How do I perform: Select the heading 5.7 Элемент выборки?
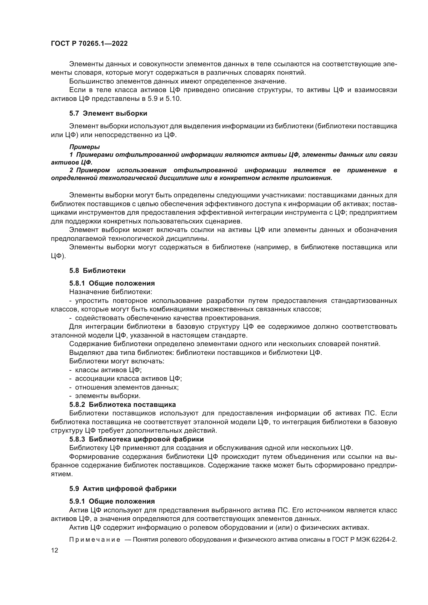click(x=108, y=114)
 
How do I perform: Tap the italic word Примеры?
click(x=84, y=147)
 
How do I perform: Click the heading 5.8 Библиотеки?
click(x=97, y=271)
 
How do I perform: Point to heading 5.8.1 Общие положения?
click(x=112, y=283)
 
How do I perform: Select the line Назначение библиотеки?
click(x=111, y=292)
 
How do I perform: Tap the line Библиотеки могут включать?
click(x=116, y=361)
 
